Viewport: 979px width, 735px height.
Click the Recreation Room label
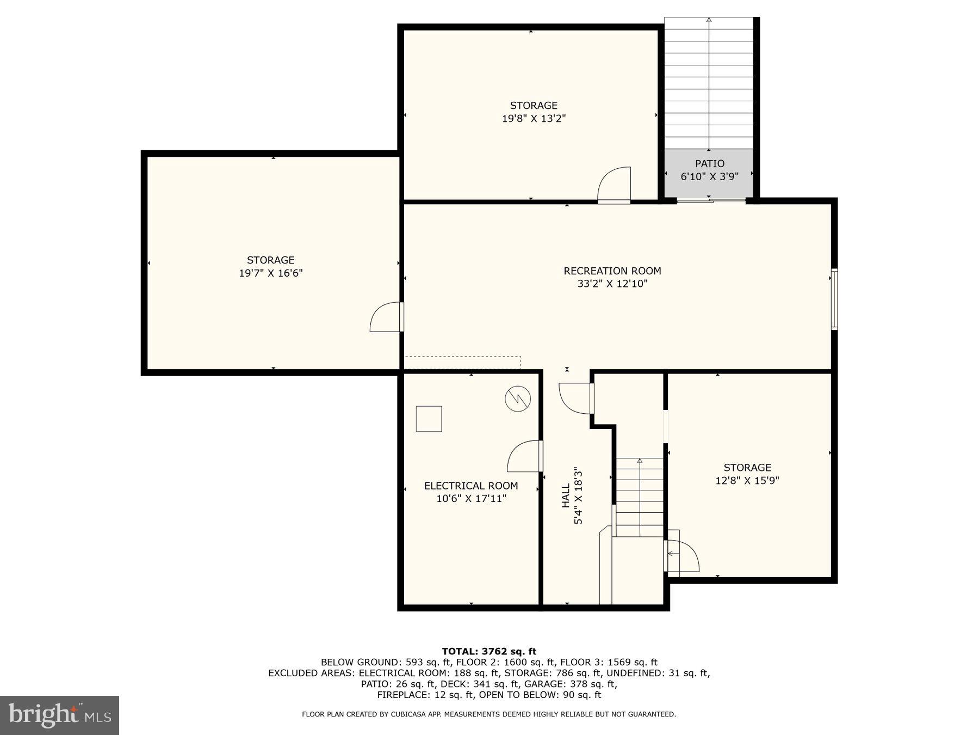pos(612,271)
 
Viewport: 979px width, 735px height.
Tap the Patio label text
pos(709,163)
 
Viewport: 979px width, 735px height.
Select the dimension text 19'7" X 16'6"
pos(270,273)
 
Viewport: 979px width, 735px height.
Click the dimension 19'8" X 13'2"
pos(534,119)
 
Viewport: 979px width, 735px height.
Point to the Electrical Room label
pos(470,486)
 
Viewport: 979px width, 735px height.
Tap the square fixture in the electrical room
pos(429,419)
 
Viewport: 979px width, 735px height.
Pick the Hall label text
pos(566,495)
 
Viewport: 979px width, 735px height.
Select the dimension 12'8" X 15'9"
pos(747,481)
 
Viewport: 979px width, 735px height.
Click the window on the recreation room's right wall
pos(834,299)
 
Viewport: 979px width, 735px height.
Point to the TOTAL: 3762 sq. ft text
pos(488,651)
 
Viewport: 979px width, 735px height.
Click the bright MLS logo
pos(59,715)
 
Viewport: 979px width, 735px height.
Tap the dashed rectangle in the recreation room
pos(462,363)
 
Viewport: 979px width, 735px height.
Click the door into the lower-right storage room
pos(682,555)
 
